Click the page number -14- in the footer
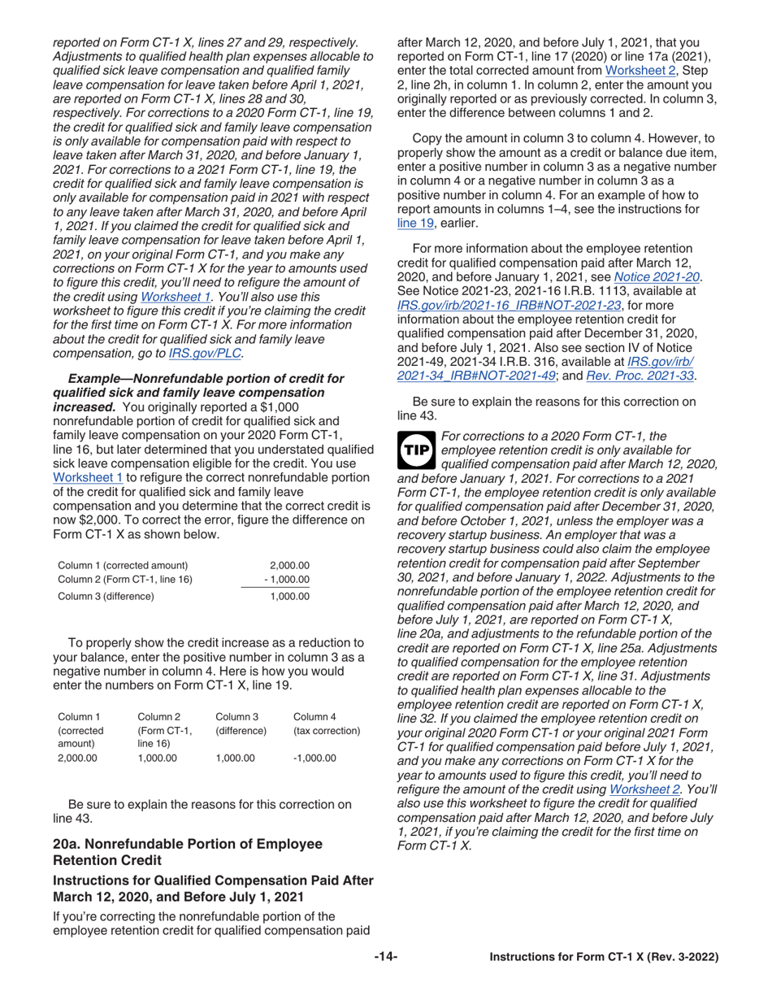click(386, 957)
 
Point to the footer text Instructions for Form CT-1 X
click(603, 958)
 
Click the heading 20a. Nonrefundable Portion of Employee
click(187, 843)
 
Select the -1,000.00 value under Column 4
click(314, 758)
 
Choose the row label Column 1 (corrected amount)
click(122, 565)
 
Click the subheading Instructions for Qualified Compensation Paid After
click(212, 881)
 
